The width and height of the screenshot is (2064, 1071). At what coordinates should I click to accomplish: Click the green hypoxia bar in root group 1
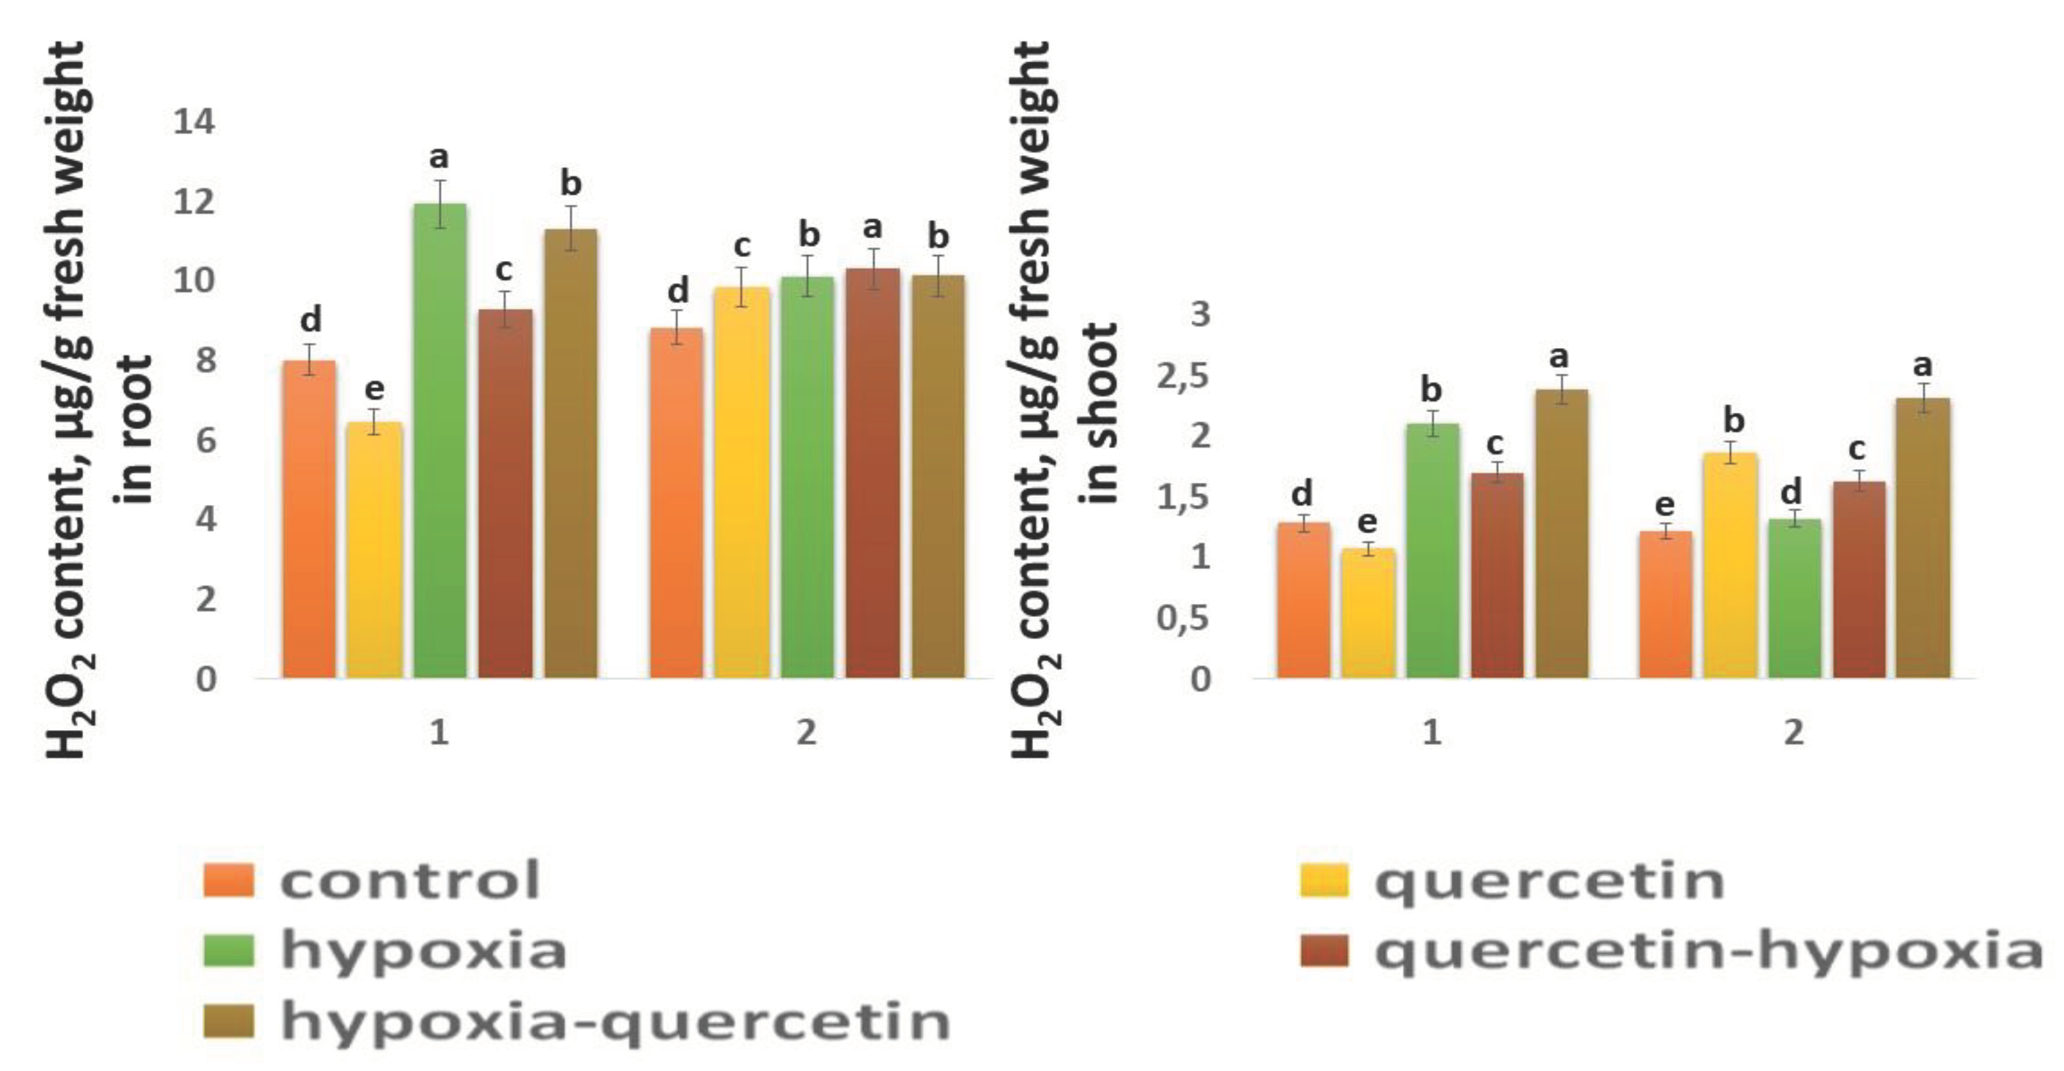click(440, 440)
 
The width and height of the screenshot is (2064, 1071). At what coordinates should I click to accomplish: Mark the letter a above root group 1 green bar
click(439, 158)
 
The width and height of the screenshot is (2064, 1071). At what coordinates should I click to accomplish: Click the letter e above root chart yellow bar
click(374, 389)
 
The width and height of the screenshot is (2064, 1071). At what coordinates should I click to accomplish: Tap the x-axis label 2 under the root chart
click(806, 732)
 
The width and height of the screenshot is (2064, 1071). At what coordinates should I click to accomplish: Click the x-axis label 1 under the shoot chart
click(1432, 732)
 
